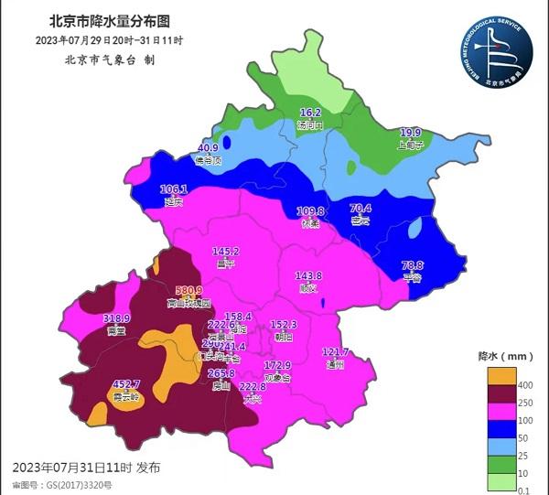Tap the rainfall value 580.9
tap(188, 290)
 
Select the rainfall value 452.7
tap(125, 384)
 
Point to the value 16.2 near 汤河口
tap(311, 113)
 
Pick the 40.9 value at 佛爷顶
tap(208, 147)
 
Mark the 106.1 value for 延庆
tap(173, 189)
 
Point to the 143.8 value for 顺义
tap(308, 275)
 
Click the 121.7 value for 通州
tap(336, 352)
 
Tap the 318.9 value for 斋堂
tap(117, 318)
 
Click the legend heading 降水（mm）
tap(499, 354)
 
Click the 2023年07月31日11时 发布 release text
tap(87, 468)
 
